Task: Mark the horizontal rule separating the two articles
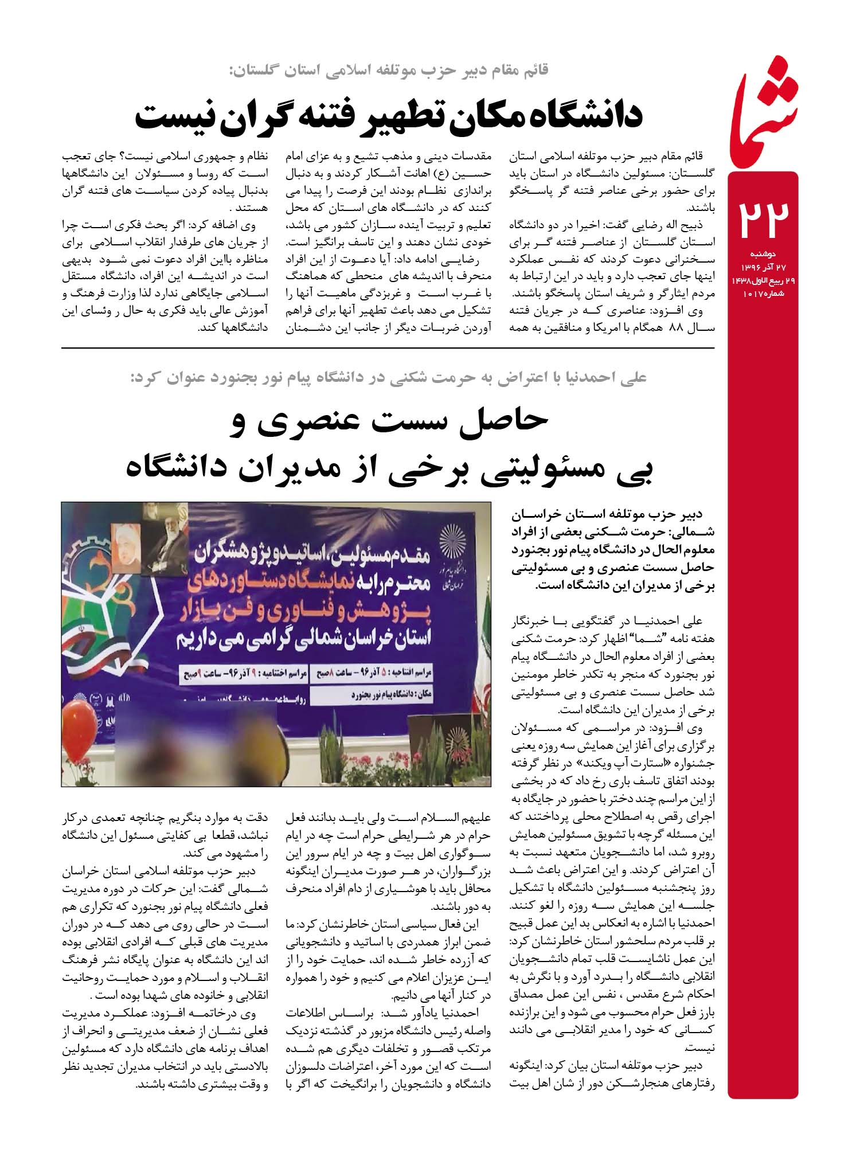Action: (x=388, y=348)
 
